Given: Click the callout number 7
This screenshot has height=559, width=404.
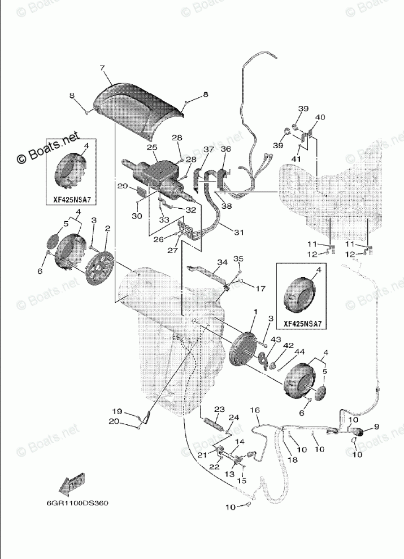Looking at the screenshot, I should click(103, 68).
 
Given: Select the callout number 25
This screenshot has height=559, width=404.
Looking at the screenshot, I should click(151, 148).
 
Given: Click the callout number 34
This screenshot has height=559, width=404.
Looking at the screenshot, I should click(221, 262).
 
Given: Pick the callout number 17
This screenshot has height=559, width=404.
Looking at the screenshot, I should click(260, 289).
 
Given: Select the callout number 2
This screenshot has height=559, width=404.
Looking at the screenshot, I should click(107, 228).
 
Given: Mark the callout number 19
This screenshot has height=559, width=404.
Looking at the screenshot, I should click(116, 411).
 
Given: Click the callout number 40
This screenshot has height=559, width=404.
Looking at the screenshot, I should click(320, 118).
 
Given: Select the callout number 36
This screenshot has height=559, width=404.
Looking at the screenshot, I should click(225, 149).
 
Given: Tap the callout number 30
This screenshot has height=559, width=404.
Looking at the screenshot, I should click(136, 215).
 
